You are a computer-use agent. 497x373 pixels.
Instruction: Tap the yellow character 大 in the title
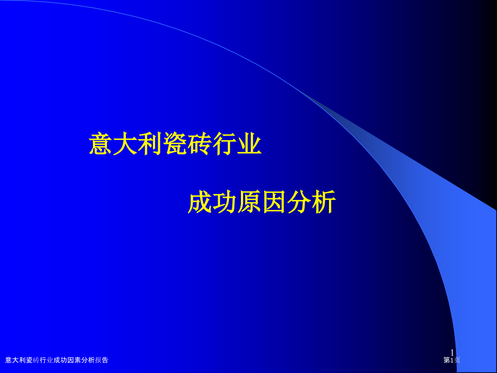click(x=125, y=144)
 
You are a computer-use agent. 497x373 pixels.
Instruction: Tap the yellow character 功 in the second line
click(x=224, y=202)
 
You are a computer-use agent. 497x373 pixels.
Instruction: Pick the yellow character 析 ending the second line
click(x=323, y=202)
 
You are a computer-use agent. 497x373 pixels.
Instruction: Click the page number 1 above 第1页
click(x=452, y=352)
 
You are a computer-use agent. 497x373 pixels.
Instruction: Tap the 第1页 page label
click(x=452, y=360)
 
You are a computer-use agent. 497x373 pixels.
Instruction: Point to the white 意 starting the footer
click(x=9, y=360)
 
